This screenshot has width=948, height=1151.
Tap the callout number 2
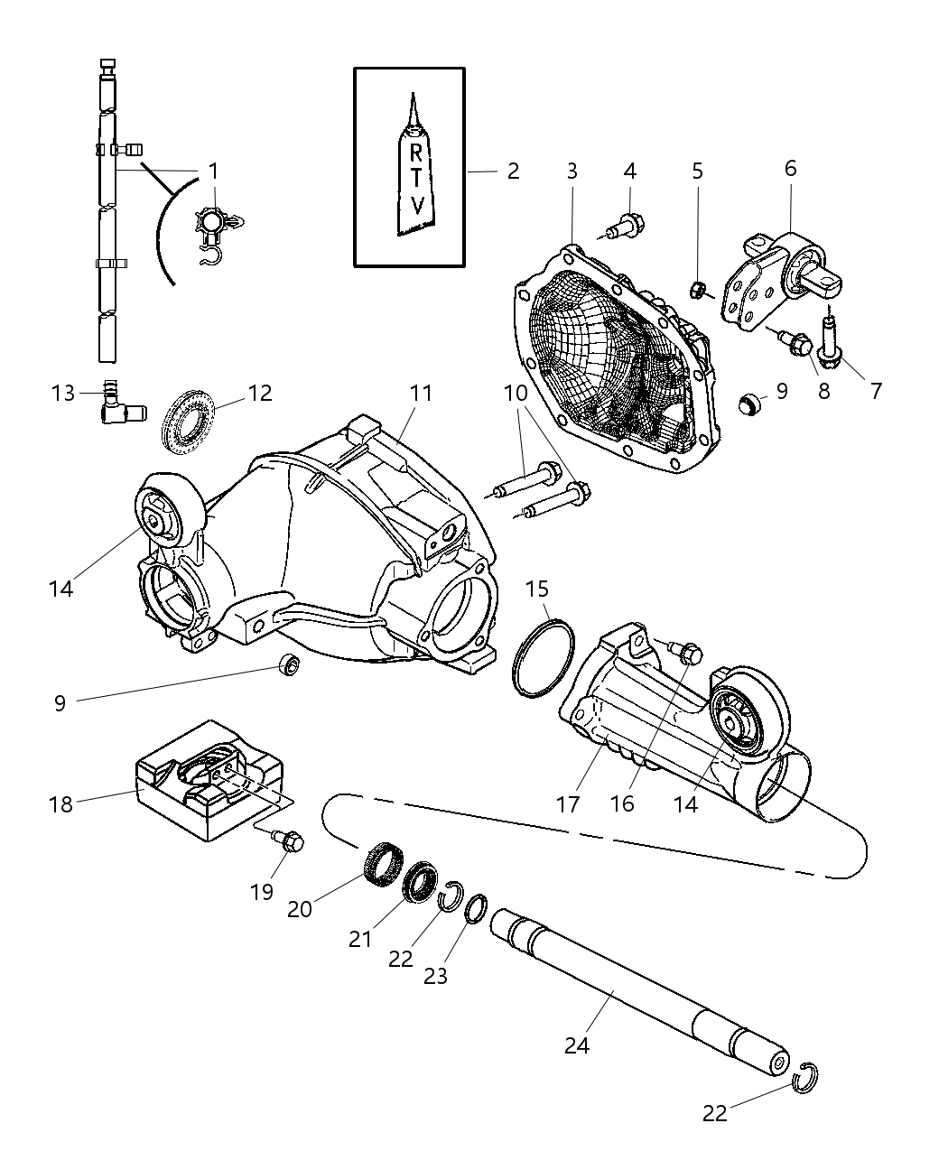point(513,171)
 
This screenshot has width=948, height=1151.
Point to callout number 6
point(790,168)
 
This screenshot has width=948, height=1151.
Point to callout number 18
point(60,804)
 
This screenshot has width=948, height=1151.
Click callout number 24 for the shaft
point(577,1044)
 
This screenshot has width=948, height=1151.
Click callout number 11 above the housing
point(421,393)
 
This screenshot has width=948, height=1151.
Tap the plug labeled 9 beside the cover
point(750,404)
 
